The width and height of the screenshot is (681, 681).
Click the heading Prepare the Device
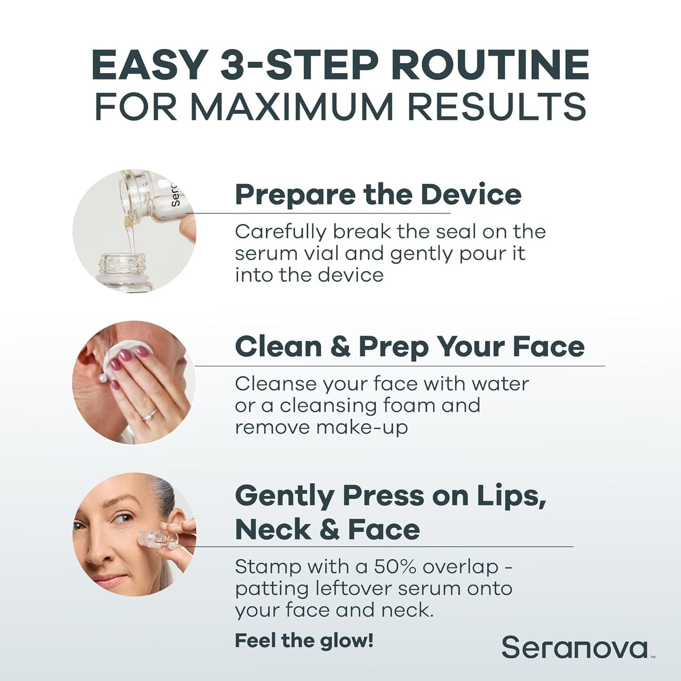tap(378, 194)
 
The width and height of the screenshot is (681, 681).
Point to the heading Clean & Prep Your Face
tap(410, 346)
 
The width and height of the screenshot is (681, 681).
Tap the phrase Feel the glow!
tap(304, 640)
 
